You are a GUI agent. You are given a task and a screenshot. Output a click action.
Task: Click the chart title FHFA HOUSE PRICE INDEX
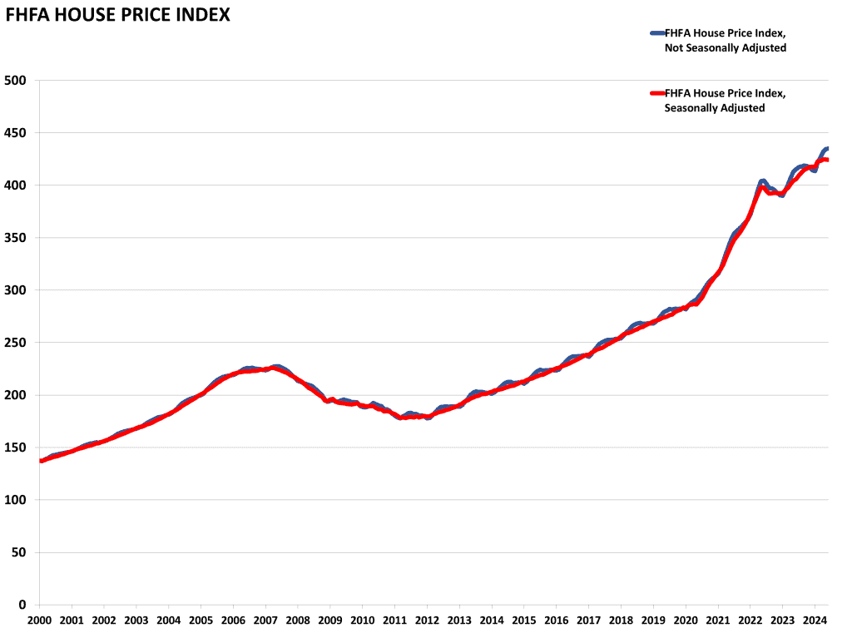coord(118,15)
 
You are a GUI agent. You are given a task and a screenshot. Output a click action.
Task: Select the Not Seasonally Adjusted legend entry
coord(725,40)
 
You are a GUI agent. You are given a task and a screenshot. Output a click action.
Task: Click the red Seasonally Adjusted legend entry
coord(725,100)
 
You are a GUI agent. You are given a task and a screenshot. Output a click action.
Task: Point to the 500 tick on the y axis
coord(16,80)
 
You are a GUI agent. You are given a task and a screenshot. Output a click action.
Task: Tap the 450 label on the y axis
coord(16,132)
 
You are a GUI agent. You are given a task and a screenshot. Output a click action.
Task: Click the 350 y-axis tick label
coord(16,238)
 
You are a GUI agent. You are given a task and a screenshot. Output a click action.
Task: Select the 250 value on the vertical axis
coord(16,343)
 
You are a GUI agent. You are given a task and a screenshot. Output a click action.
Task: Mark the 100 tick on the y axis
coord(16,500)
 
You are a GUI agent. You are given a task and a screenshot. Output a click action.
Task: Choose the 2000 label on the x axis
coord(40,620)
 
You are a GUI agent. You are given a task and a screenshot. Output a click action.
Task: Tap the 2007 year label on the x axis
coord(265,620)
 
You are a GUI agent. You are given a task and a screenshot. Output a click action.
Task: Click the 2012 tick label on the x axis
coord(427,620)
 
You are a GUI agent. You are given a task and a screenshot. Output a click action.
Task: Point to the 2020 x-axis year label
coord(686,620)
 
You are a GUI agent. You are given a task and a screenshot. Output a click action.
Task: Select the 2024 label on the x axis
coord(815,620)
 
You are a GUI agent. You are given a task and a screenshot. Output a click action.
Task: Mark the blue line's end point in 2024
coord(827,149)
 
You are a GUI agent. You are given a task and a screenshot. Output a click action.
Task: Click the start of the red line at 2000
coord(41,460)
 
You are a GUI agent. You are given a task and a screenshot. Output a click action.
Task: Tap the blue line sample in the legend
coord(656,32)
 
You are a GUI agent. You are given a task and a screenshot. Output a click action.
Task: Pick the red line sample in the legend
coord(656,92)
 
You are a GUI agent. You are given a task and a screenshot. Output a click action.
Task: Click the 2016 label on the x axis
coord(556,620)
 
